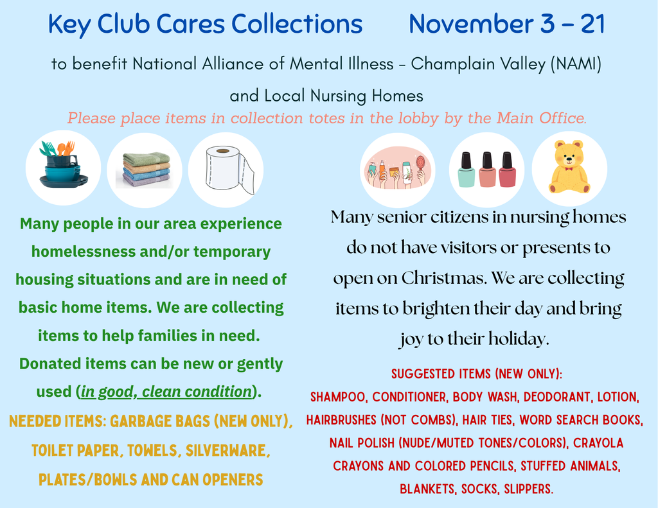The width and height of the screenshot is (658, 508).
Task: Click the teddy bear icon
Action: pos(569,168)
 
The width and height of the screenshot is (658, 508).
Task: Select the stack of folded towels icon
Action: pos(146,170)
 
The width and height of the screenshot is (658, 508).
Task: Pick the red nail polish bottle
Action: pos(508,170)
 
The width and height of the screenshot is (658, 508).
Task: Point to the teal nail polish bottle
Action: pos(466,170)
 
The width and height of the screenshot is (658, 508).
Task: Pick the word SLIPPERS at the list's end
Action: pos(529,489)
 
